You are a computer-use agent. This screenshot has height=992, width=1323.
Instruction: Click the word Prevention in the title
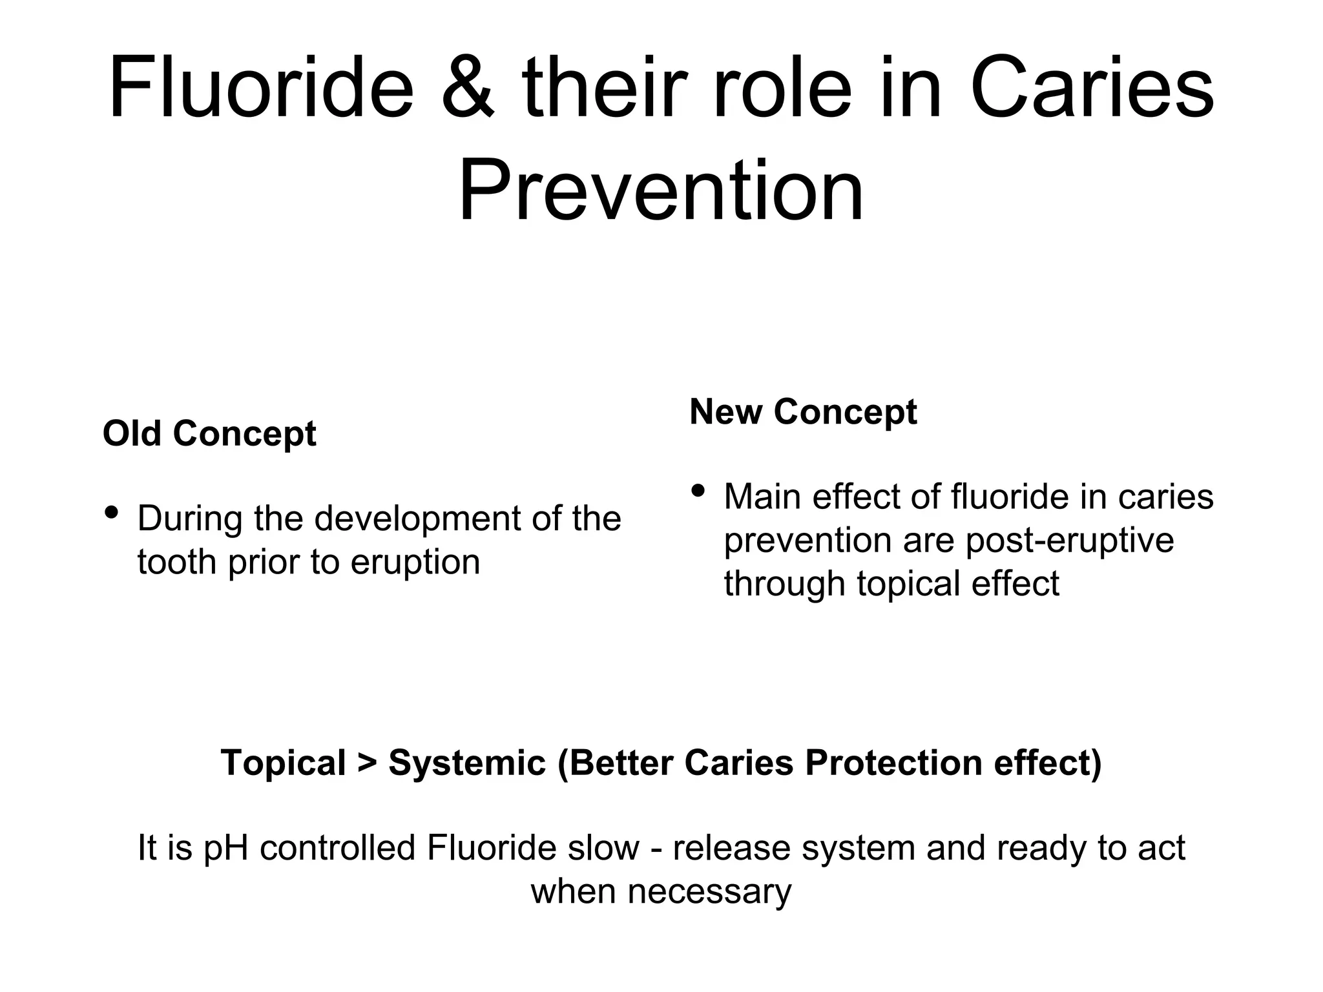point(660,191)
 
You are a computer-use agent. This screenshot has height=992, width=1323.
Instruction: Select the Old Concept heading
point(209,433)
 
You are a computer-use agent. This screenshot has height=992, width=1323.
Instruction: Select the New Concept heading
point(803,411)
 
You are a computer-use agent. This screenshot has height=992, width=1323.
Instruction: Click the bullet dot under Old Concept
point(111,513)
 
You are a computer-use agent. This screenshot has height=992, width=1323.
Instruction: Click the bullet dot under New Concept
point(698,491)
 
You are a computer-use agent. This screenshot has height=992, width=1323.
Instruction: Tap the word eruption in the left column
point(415,562)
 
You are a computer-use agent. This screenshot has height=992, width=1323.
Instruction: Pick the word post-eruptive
point(1069,540)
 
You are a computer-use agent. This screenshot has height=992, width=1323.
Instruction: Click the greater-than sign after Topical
point(366,763)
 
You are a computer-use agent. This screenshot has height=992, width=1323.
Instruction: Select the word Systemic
point(467,763)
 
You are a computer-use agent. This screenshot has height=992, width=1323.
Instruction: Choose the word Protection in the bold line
point(893,763)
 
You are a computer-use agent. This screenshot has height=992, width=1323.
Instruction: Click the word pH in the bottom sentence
point(225,849)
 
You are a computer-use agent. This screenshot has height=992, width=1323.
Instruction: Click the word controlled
point(337,849)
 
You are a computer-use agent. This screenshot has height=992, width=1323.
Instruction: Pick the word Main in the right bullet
point(762,497)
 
